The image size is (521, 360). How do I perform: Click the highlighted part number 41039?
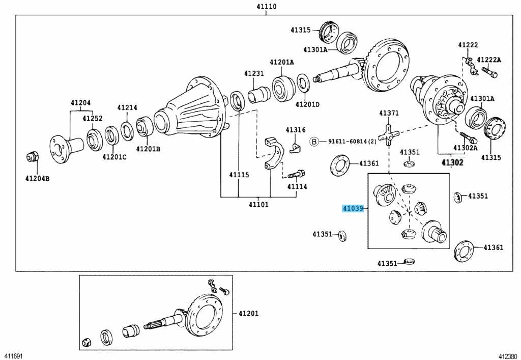pos(353,209)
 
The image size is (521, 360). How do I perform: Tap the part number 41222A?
pos(489,60)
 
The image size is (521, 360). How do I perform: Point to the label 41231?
pos(254,73)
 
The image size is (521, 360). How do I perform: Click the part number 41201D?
pos(307,104)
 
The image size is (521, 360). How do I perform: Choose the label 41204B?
pos(38,178)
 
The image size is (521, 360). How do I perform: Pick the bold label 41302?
pos(452,162)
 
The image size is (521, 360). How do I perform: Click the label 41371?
pos(389,113)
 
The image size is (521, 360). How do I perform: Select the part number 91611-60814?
pos(351,142)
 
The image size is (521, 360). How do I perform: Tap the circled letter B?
pos(314,142)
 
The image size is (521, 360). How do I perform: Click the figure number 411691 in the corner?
pos(14,355)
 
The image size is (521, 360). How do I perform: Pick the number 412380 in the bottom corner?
pos(507,355)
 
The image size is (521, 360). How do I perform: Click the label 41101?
pos(258,205)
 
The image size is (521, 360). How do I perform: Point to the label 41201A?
pos(282,62)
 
